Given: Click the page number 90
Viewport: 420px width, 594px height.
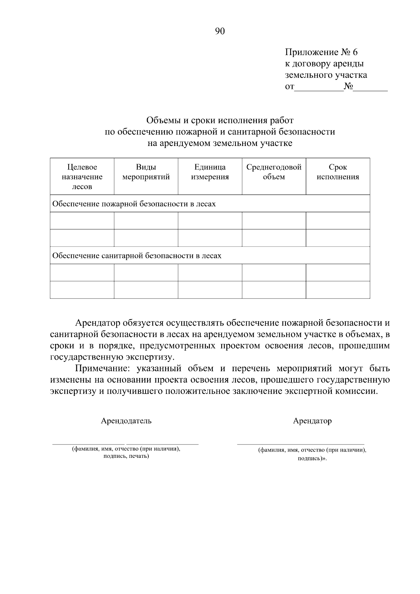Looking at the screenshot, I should (219, 32).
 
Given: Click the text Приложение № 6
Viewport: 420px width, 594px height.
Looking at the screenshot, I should (321, 53).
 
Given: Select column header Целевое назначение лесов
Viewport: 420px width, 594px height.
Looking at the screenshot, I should (82, 177).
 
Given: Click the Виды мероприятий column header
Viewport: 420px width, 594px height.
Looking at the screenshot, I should (146, 172).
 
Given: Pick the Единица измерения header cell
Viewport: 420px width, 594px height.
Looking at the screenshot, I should (210, 172).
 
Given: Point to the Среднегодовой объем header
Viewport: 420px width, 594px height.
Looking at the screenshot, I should (274, 172).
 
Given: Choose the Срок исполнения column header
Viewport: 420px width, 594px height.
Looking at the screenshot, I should (338, 172).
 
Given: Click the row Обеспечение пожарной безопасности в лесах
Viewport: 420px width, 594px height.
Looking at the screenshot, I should (134, 204).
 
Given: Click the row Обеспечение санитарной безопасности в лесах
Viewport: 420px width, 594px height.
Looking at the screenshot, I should (137, 256).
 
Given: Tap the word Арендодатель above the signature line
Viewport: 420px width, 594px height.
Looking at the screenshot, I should (126, 421).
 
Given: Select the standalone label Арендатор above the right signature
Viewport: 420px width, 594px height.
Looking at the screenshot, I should (312, 421).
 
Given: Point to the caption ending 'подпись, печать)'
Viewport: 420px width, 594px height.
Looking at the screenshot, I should (126, 456).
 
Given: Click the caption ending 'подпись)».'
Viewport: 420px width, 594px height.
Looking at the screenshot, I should (312, 458).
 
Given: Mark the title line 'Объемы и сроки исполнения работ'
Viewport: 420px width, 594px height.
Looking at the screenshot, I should (219, 120).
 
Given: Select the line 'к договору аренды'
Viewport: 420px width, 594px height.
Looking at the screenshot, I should (324, 64).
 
